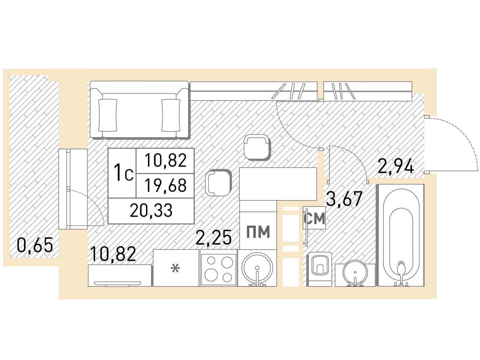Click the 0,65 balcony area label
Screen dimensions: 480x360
[35, 245]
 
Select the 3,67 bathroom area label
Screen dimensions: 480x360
[344, 199]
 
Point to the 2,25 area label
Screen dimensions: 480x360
[213, 237]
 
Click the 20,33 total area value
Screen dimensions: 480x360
[151, 211]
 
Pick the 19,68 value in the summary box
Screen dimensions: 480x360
[166, 185]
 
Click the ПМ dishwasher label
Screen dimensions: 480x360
[258, 232]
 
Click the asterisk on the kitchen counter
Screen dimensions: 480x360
[175, 268]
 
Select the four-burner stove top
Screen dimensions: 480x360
[218, 268]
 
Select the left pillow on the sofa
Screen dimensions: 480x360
[108, 115]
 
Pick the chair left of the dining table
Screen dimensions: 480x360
[218, 183]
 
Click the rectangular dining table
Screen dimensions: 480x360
[278, 184]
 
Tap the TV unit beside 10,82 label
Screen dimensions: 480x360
[120, 275]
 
